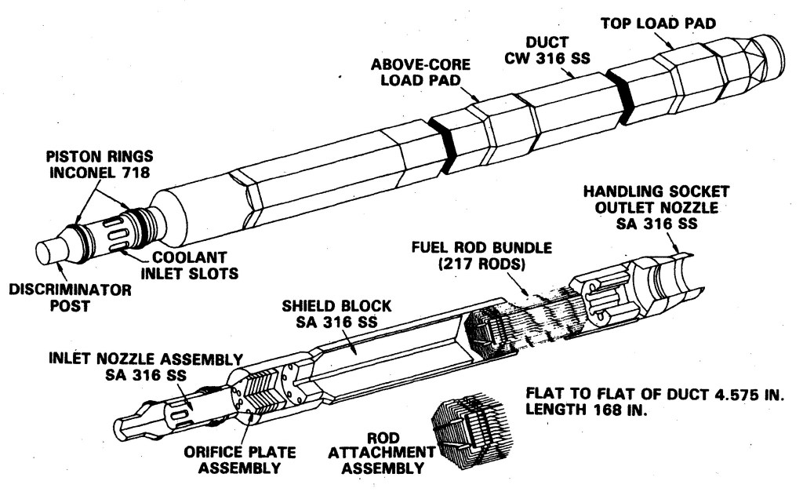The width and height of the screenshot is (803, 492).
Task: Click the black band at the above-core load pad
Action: [x=449, y=142]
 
